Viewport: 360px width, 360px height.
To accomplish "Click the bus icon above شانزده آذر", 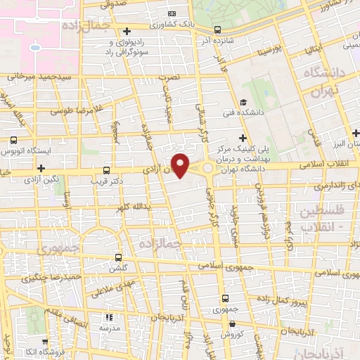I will click(x=217, y=30).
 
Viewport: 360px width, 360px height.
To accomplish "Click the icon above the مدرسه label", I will click(x=108, y=317).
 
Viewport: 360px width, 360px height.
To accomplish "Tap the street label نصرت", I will click(x=169, y=76).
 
